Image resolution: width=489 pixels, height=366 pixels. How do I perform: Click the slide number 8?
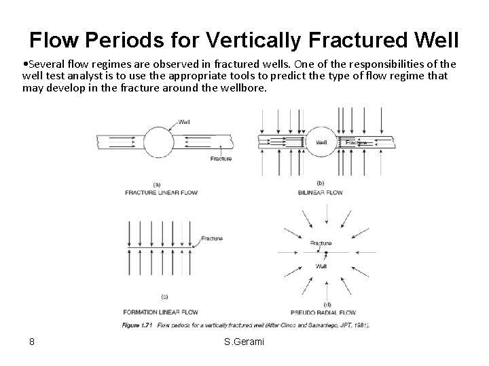(x=32, y=341)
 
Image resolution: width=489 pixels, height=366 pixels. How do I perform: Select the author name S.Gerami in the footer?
(x=244, y=341)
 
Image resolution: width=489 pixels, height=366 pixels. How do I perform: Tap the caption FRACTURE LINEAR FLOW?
(x=161, y=192)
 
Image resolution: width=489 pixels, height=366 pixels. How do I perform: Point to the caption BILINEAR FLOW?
(x=321, y=192)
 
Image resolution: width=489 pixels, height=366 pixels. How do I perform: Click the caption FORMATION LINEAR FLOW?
(x=161, y=312)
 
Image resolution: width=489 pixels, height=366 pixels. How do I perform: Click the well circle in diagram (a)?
(x=158, y=142)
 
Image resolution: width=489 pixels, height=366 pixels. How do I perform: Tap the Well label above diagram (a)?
(x=183, y=122)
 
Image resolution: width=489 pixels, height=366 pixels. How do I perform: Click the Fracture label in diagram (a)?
(x=221, y=159)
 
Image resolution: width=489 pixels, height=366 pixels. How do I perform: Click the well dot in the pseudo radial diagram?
(x=326, y=253)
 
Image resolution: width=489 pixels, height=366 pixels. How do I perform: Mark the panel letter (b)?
(x=320, y=183)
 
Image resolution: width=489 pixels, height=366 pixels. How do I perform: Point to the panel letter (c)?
(x=164, y=296)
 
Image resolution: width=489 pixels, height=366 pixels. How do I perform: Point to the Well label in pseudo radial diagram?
(x=321, y=266)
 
